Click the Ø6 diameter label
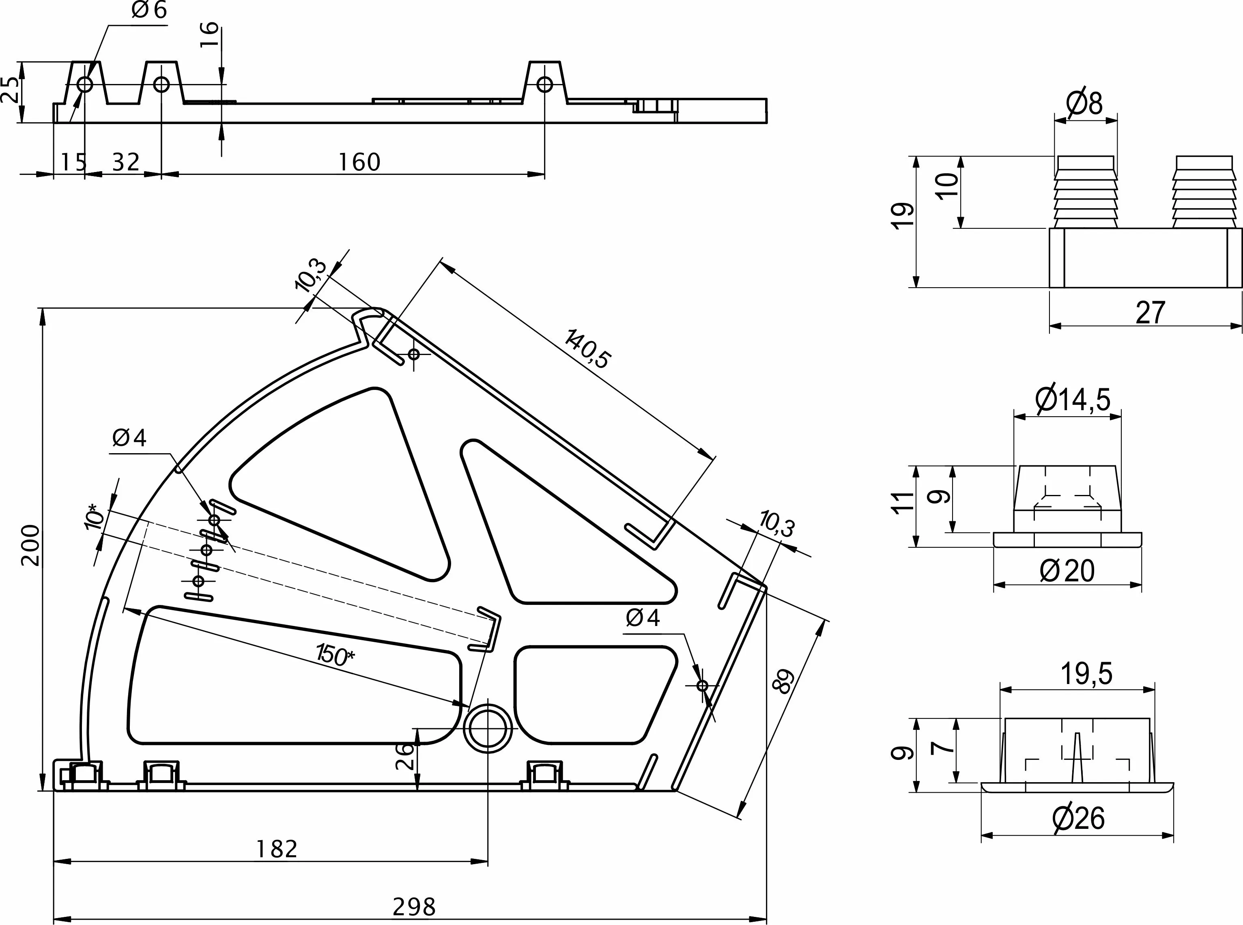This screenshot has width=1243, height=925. tap(149, 11)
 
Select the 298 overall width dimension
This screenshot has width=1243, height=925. tap(414, 906)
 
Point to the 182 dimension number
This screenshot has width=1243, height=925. tap(277, 849)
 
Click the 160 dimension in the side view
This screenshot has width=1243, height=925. tap(359, 162)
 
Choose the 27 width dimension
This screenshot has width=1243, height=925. tap(1150, 312)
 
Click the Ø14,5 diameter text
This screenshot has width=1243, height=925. tap(1073, 400)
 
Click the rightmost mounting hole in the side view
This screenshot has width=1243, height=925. tap(544, 84)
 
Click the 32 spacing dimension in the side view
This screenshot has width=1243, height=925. tap(125, 162)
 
